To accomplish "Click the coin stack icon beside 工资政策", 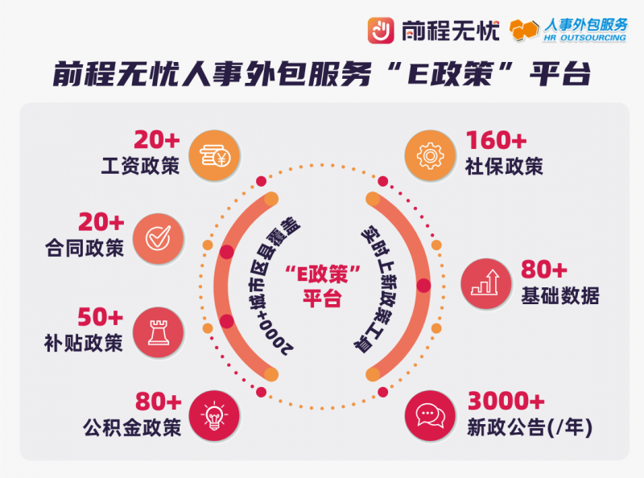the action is click(x=214, y=155).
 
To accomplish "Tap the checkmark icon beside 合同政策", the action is click(x=159, y=238).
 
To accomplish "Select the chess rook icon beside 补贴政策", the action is click(x=159, y=332).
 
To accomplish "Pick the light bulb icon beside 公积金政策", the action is click(x=214, y=415).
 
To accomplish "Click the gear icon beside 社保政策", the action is click(x=430, y=155).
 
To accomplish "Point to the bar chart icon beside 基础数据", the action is click(x=486, y=283).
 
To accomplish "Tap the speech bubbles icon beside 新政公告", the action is click(x=430, y=415).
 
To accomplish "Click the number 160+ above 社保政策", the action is click(x=496, y=141).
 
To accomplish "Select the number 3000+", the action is click(x=506, y=401).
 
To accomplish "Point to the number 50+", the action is click(x=101, y=317).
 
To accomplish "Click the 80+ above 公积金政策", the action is click(x=158, y=402).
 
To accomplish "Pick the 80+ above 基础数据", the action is click(x=544, y=270).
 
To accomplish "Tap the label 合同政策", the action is click(x=85, y=248).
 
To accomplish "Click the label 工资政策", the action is click(x=140, y=166).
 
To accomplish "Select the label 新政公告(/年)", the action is click(x=530, y=427).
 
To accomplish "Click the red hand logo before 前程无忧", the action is click(x=381, y=30).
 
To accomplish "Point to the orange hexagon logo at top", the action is click(x=524, y=30).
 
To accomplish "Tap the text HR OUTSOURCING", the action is click(x=585, y=38).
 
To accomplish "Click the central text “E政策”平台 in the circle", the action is click(x=323, y=286).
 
